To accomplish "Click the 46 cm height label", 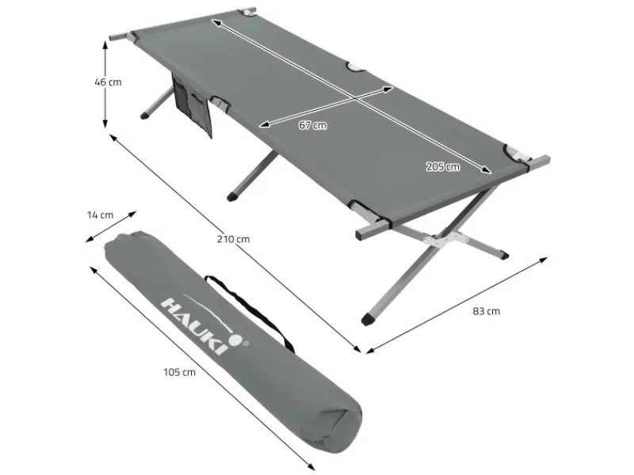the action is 108,82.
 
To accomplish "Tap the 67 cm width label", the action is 312,126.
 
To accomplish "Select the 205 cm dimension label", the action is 443,166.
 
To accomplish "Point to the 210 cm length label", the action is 233,239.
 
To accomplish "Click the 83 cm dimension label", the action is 486,311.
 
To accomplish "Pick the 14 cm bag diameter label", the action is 101,215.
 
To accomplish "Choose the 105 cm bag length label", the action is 179,372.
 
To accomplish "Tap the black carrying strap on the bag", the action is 250,309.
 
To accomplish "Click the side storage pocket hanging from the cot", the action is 192,105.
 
